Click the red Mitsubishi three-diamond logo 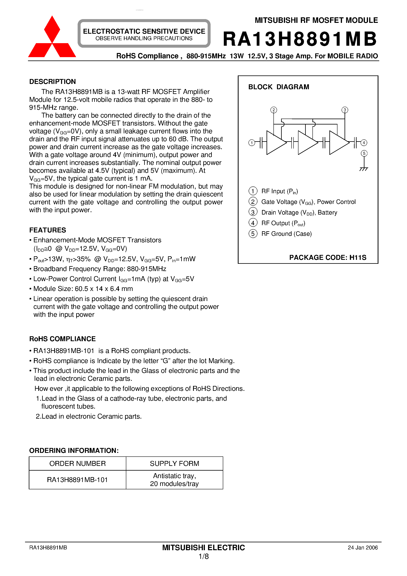point(52,38)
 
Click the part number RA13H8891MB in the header point(300,39)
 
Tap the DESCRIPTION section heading point(52,82)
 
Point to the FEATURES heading point(48,230)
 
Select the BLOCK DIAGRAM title point(279,87)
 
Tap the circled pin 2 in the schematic point(273,110)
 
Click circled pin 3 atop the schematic point(345,110)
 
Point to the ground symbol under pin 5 point(364,169)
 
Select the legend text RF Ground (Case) point(286,234)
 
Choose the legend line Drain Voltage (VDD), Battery point(299,213)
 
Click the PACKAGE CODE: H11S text point(328,257)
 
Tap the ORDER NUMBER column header point(78,463)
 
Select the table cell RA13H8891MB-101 point(78,480)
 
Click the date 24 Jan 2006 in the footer point(363,548)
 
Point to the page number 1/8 point(203,556)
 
